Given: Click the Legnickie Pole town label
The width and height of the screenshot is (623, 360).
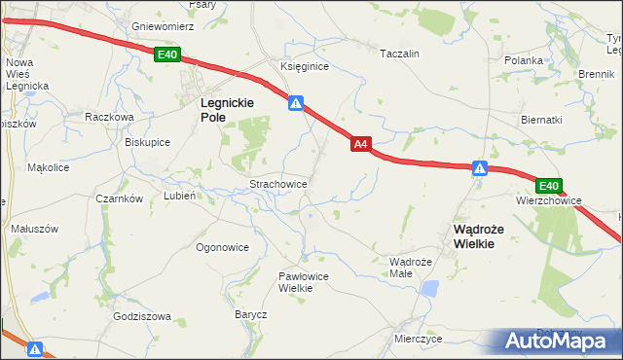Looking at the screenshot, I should coord(227,108).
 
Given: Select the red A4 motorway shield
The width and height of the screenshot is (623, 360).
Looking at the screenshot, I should coord(360,144).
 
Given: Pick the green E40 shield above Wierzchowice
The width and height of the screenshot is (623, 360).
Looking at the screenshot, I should coord(549,186).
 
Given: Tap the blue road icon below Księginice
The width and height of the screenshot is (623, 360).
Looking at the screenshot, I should coord(296,102).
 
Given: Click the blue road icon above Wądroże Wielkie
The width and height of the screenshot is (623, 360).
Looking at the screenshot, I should coord(479,169).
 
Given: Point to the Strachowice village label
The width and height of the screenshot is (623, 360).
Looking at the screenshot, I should coord(279,183).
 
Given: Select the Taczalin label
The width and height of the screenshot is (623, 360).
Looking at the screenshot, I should coord(399,54).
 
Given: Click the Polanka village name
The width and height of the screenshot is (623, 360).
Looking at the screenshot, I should coord(523,60).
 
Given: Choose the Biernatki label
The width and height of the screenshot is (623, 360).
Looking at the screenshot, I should coord(542,120).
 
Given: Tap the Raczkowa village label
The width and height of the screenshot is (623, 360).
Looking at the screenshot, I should coord(109,116).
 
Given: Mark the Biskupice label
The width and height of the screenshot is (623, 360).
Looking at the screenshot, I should coord(148,141).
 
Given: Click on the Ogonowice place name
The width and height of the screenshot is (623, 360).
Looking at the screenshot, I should coord(223,247).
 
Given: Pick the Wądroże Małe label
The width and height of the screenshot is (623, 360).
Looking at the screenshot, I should coord(410,268).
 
